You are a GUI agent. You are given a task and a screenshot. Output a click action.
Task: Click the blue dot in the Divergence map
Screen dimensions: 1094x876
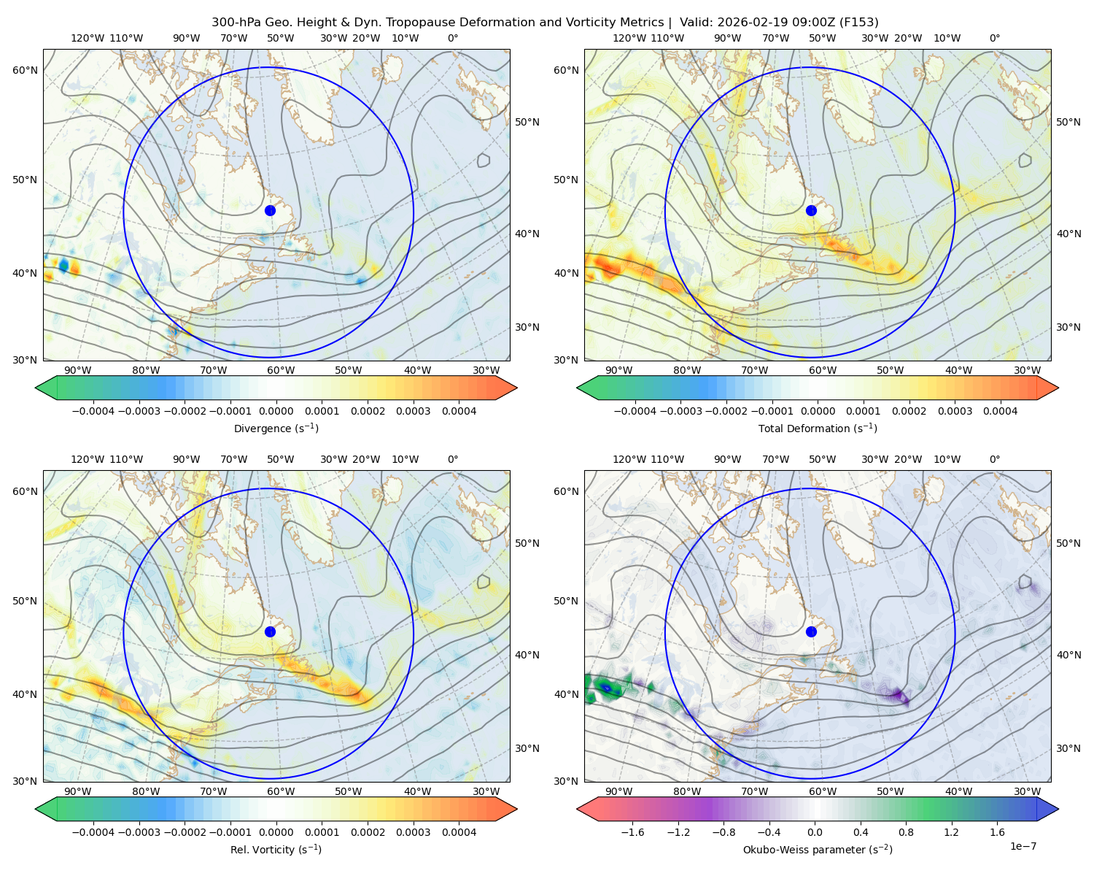pyautogui.click(x=270, y=210)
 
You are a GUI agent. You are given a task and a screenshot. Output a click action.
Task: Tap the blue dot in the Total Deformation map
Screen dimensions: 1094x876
pyautogui.click(x=811, y=210)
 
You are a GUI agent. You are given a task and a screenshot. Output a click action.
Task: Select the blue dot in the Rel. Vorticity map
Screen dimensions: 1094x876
pyautogui.click(x=270, y=631)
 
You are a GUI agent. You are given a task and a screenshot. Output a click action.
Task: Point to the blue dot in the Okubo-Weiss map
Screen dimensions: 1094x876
pyautogui.click(x=811, y=631)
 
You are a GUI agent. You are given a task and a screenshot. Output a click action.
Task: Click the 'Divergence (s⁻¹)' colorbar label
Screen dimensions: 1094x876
pyautogui.click(x=276, y=428)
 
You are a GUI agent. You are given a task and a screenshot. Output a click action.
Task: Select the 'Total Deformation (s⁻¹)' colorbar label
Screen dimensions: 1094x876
pyautogui.click(x=818, y=428)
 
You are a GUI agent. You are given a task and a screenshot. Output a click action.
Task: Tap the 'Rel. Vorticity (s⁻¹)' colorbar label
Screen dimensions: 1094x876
pyautogui.click(x=276, y=849)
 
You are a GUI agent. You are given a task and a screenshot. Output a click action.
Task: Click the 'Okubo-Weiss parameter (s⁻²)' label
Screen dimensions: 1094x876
pyautogui.click(x=818, y=849)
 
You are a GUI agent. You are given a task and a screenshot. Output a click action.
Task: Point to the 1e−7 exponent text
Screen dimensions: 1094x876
pyautogui.click(x=1023, y=846)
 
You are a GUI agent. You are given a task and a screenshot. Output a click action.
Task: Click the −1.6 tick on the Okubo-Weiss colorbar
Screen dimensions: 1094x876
pyautogui.click(x=633, y=832)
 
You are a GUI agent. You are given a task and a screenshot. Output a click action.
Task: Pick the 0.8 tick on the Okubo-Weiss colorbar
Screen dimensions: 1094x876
pyautogui.click(x=906, y=832)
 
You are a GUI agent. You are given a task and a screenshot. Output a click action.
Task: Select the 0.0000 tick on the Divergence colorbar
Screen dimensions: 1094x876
pyautogui.click(x=276, y=411)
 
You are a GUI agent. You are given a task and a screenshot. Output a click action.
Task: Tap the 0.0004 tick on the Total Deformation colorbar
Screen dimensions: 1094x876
pyautogui.click(x=1001, y=411)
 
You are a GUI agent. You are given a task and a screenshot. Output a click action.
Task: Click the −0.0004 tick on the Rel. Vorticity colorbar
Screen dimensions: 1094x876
pyautogui.click(x=93, y=832)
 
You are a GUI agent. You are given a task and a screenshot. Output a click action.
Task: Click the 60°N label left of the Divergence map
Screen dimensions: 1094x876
pyautogui.click(x=25, y=70)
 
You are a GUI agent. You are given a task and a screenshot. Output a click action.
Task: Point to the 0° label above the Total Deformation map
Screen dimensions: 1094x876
pyautogui.click(x=994, y=38)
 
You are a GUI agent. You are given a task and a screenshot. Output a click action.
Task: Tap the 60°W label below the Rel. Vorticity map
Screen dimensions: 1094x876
pyautogui.click(x=281, y=791)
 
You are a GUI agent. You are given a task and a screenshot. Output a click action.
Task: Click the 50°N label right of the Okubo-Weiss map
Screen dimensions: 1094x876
pyautogui.click(x=1068, y=543)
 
